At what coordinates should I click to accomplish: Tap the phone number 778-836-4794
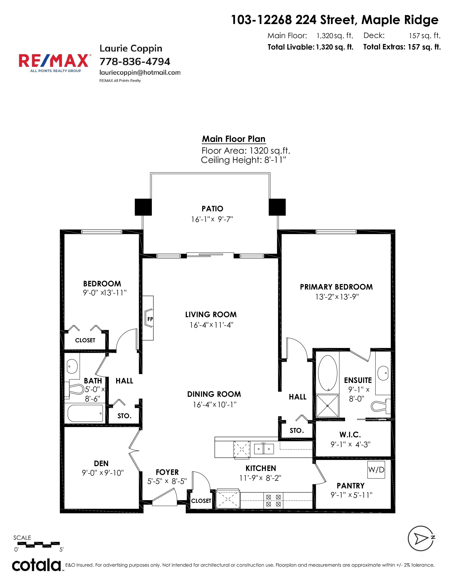click(135, 62)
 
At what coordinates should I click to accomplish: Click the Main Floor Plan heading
click(234, 139)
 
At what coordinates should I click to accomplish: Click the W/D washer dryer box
click(376, 470)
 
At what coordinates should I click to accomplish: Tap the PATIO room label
click(212, 209)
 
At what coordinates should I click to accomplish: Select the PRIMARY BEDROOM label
click(336, 287)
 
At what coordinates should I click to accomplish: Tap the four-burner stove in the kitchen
click(273, 501)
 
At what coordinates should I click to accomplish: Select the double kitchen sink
click(264, 448)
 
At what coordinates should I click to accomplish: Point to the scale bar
click(39, 545)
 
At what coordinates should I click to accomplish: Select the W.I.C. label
click(350, 435)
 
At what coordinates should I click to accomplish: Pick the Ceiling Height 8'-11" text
click(243, 160)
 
